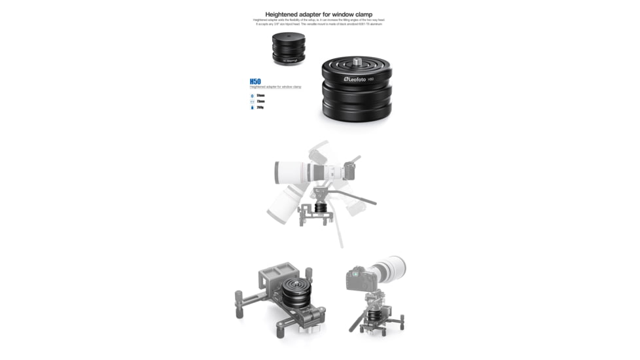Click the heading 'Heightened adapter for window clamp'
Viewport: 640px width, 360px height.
[319, 14]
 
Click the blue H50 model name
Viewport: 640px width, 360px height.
[255, 82]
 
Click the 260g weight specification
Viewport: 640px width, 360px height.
[260, 107]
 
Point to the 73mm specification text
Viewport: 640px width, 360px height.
[260, 101]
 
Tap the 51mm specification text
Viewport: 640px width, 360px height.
[260, 96]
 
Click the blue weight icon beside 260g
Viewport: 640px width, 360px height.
[252, 107]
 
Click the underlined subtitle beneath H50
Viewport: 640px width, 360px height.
[276, 87]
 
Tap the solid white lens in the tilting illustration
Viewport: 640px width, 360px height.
[301, 172]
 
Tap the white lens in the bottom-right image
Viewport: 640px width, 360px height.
[389, 267]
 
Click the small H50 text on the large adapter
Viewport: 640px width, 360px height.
[370, 79]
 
